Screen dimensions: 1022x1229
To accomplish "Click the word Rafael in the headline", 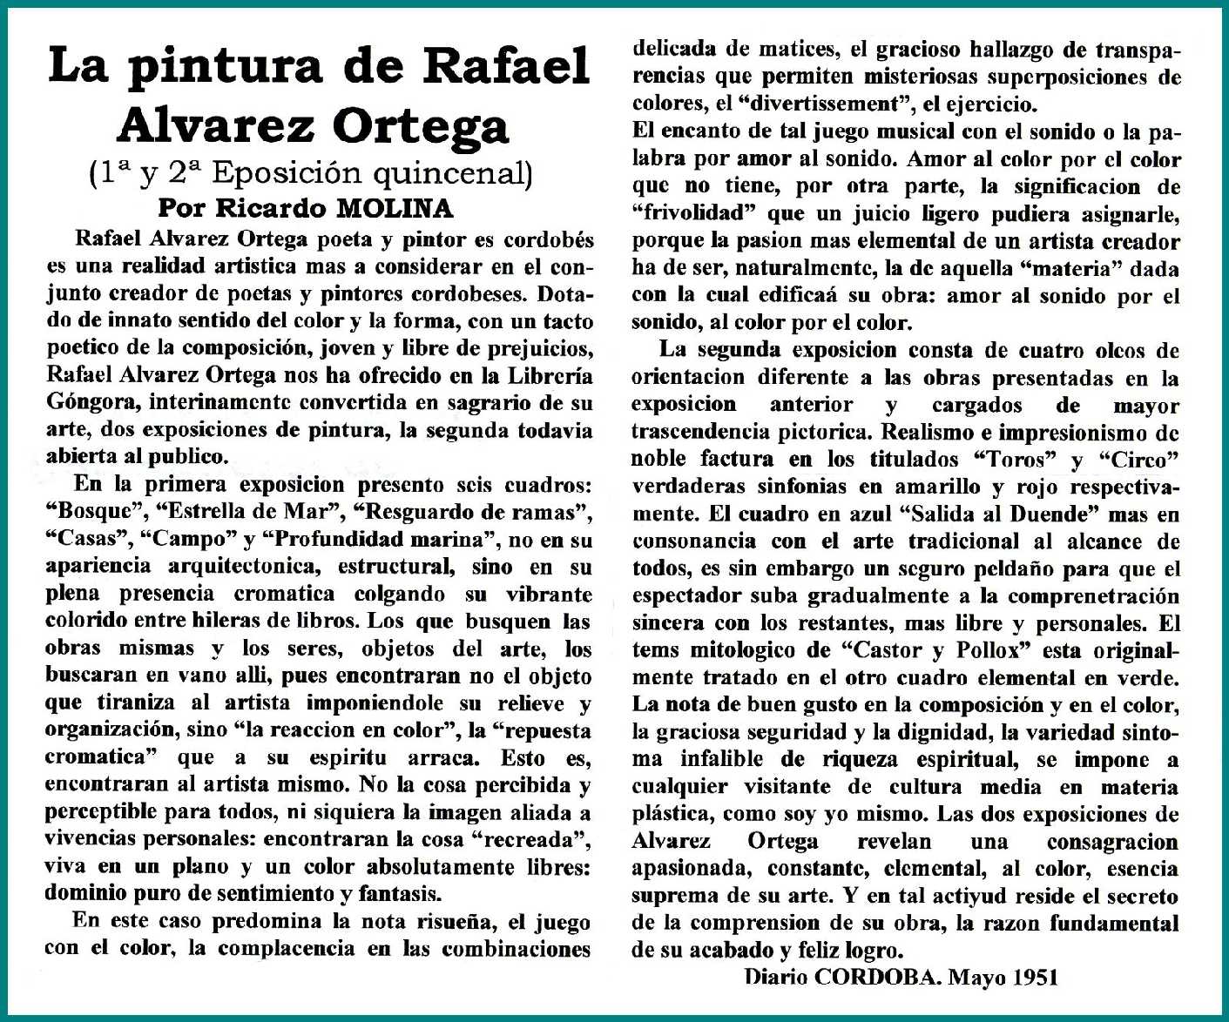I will click(x=507, y=65).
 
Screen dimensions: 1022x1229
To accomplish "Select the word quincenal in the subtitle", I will click(x=452, y=174).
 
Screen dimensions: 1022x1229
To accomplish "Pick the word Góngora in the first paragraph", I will click(x=92, y=403).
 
